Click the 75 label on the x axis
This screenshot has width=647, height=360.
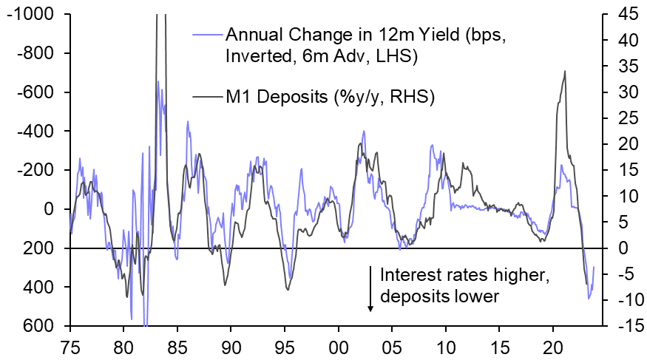pos(70,346)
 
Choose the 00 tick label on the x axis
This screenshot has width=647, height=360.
pos(339,346)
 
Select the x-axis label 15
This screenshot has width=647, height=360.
pos(499,346)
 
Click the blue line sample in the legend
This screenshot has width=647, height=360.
pos(206,34)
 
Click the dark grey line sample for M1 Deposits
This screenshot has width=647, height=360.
pos(206,95)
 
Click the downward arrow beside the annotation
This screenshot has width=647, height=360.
pos(370,289)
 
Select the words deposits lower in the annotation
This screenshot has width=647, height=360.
pos(440,297)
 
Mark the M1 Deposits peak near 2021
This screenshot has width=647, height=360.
pos(565,72)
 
